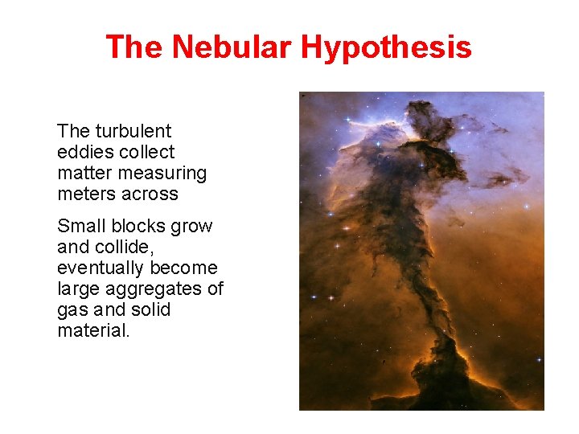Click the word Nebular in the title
(x=231, y=47)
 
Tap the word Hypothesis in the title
(x=386, y=47)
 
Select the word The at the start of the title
(x=134, y=47)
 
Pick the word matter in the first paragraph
(x=80, y=173)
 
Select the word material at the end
(x=92, y=330)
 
